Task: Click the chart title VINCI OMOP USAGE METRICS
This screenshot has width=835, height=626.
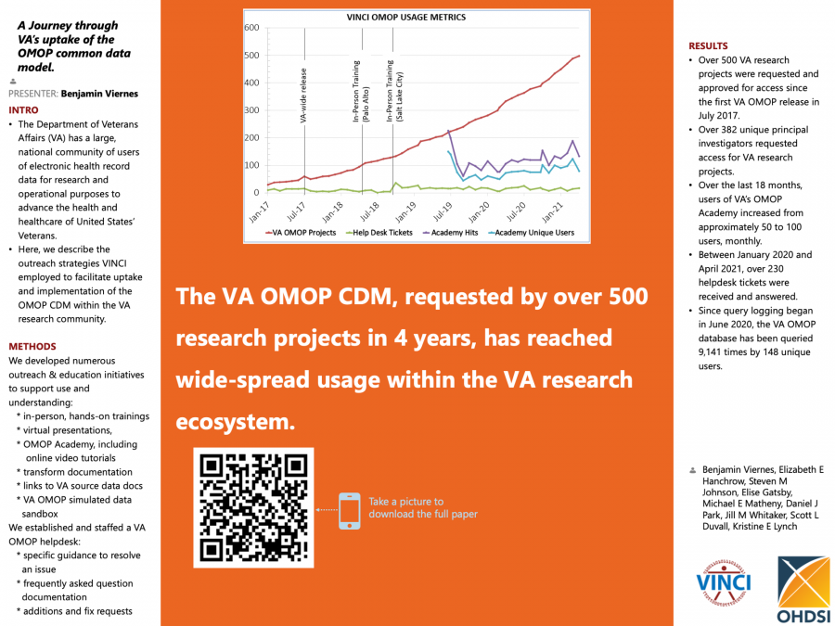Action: coord(405,17)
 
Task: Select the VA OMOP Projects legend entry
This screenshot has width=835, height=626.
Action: coord(301,232)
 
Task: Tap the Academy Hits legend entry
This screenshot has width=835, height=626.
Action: coord(451,232)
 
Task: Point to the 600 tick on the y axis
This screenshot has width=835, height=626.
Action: coord(251,28)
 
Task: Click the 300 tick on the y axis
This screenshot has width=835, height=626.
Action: coord(251,110)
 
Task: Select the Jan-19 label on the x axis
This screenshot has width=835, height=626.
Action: coord(409,210)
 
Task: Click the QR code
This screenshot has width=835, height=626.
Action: coord(253,507)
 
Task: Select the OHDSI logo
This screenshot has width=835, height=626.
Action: coord(803,590)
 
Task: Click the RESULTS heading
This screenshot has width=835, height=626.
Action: coord(708,45)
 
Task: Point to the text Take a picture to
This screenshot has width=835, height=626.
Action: coord(405,502)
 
